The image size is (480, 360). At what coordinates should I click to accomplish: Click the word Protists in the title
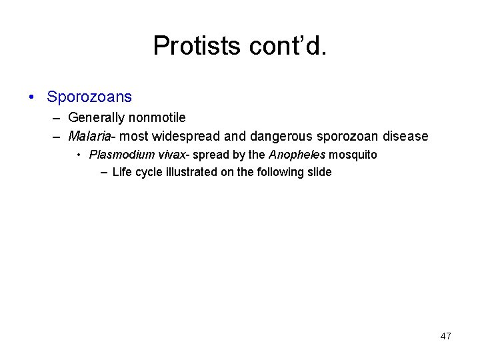tap(197, 46)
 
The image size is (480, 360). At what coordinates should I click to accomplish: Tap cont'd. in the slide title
tap(287, 46)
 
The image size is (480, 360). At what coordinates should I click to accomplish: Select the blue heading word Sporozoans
tap(89, 97)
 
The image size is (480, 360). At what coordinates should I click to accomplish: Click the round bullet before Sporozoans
tap(33, 97)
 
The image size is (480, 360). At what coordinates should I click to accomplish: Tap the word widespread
tap(186, 136)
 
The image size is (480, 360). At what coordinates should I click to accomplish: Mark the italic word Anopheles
tap(297, 155)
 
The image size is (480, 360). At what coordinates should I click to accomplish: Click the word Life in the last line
tap(122, 172)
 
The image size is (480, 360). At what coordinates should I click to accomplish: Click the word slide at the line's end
tap(318, 172)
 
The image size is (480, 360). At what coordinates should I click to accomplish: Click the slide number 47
tap(445, 336)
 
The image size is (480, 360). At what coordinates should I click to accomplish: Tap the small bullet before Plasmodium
tap(79, 155)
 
